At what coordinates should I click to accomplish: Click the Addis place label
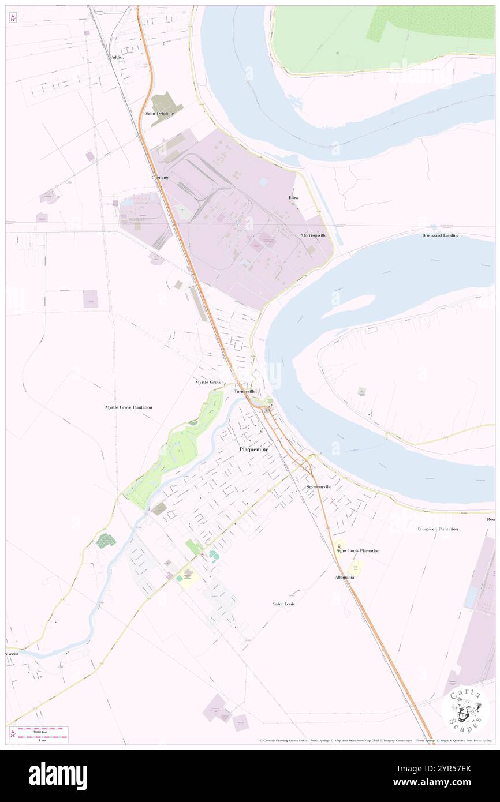(117, 58)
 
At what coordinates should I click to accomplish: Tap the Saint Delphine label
(160, 114)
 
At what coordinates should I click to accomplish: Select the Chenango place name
(161, 178)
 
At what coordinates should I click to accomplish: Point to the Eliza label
(293, 198)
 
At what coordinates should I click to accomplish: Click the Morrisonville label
(314, 235)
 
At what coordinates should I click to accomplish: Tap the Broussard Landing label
(440, 235)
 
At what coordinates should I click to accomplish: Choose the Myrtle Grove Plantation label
(128, 407)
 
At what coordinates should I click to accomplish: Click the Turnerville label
(245, 391)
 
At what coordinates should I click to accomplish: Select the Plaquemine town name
(254, 449)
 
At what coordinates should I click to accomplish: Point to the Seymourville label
(319, 487)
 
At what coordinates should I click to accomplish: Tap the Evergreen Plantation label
(438, 529)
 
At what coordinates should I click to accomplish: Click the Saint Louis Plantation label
(358, 551)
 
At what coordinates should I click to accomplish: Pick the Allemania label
(345, 577)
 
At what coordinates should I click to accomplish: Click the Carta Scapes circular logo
(465, 710)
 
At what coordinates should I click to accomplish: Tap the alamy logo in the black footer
(58, 776)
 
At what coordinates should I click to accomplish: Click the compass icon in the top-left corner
(13, 18)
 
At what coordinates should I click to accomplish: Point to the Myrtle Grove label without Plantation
(208, 382)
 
